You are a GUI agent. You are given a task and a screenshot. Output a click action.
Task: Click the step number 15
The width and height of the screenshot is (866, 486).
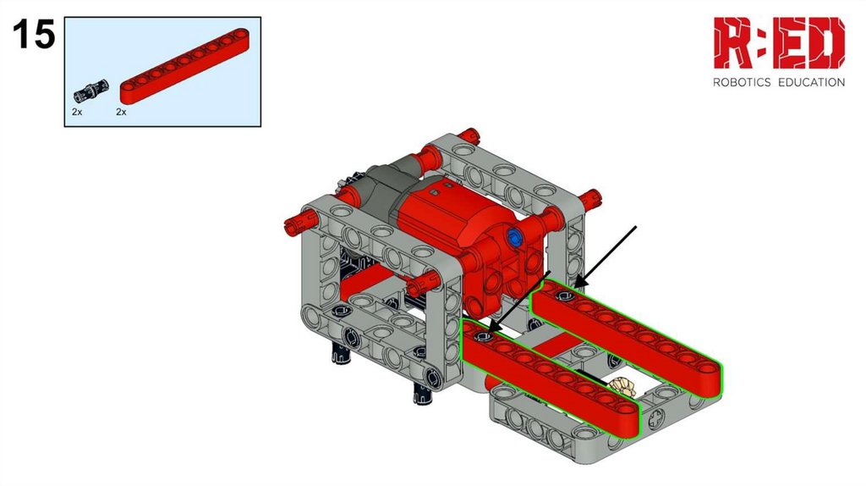(34, 34)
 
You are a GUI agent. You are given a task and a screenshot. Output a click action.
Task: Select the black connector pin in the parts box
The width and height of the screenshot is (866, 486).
(91, 91)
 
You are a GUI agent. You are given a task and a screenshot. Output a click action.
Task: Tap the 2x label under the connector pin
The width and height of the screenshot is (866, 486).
(77, 112)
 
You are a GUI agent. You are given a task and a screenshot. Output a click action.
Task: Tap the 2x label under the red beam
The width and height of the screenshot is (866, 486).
(121, 112)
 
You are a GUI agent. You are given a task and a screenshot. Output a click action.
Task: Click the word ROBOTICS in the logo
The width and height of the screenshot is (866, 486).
(742, 82)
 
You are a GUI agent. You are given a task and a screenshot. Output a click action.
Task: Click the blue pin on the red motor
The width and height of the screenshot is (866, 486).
(515, 238)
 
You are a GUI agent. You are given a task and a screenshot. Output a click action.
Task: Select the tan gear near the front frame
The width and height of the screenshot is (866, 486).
(622, 386)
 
